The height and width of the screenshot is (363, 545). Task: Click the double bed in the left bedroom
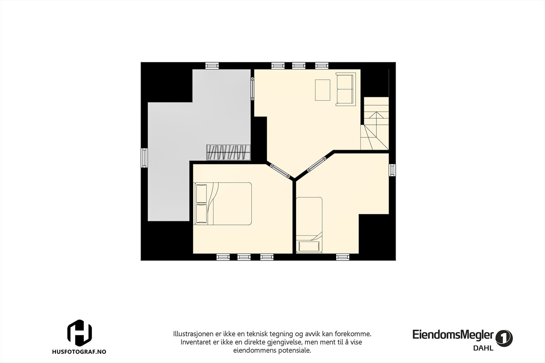pos(223,203)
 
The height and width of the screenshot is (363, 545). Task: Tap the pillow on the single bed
pos(309,246)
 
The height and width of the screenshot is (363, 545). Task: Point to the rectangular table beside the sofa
pos(323,90)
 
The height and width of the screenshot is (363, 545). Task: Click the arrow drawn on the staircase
pos(376,119)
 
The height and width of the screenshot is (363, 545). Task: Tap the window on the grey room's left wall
pos(144,158)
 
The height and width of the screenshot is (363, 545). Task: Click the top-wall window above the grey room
pos(212,65)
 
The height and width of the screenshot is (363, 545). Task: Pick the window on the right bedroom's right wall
pos(392,170)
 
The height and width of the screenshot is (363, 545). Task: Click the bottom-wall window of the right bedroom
pos(343,257)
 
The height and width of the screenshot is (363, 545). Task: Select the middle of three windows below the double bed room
pos(244,257)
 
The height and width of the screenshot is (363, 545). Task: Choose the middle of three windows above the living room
pos(299,65)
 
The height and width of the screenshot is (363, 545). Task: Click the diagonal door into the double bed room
pos(281,171)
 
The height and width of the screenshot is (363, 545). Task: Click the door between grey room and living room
pos(252,88)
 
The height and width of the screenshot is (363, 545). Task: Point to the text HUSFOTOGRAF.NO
pos(79,352)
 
